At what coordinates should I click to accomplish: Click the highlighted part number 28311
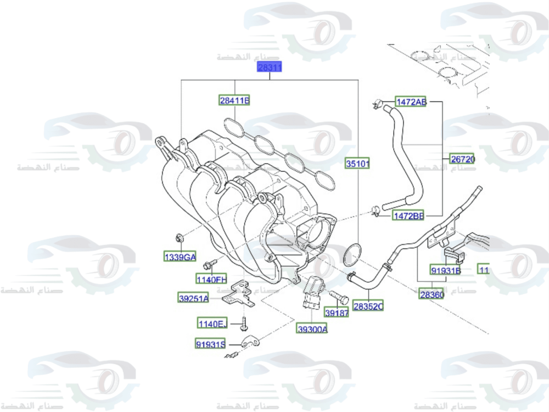click(270, 68)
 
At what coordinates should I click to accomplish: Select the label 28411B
click(234, 101)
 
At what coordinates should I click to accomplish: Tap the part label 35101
click(358, 163)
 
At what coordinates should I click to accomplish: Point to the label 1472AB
click(411, 102)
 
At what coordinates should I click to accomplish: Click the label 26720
click(463, 160)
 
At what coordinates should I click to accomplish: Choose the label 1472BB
click(408, 216)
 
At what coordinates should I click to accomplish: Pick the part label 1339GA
click(180, 257)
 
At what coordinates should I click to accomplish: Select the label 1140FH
click(212, 279)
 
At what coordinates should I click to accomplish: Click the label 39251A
click(193, 298)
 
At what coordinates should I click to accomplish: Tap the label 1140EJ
click(212, 324)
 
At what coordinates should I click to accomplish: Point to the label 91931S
click(210, 344)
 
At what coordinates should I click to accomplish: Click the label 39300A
click(312, 329)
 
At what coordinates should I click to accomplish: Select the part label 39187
click(337, 313)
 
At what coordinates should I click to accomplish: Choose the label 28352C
click(368, 306)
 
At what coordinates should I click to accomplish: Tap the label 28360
click(432, 294)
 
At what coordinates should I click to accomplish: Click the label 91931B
click(445, 270)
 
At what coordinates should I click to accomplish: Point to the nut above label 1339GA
click(179, 238)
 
